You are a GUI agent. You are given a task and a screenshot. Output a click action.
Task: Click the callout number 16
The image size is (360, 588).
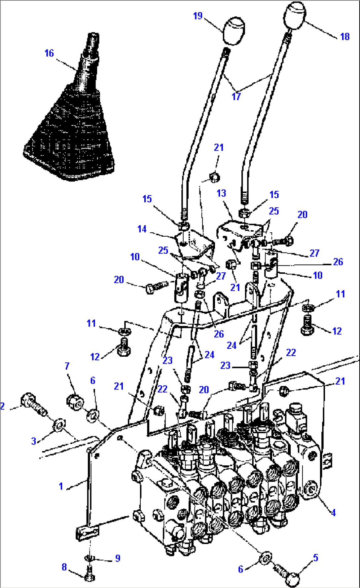point(49,53)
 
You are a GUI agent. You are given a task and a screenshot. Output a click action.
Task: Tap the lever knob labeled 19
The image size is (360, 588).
point(234,31)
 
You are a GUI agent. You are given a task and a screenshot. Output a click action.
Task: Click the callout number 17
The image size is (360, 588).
point(236,97)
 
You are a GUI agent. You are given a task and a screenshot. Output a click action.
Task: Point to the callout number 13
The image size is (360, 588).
point(221,193)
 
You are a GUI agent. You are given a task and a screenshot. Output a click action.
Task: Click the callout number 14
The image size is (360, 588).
point(142,229)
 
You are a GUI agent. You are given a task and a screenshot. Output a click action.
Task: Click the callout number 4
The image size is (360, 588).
point(333,512)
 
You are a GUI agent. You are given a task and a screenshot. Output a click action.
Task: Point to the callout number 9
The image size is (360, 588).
point(118,558)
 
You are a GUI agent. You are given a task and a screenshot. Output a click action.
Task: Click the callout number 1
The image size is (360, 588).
point(61,486)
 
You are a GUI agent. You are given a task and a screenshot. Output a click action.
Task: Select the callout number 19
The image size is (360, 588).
point(198,16)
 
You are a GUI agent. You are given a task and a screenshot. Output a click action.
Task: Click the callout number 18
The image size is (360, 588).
point(345,36)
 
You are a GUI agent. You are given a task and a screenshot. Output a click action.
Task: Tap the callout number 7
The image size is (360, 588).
point(67,366)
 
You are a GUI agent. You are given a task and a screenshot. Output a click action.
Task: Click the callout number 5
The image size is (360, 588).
point(316,558)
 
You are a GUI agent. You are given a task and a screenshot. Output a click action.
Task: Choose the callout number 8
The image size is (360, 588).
point(64,567)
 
